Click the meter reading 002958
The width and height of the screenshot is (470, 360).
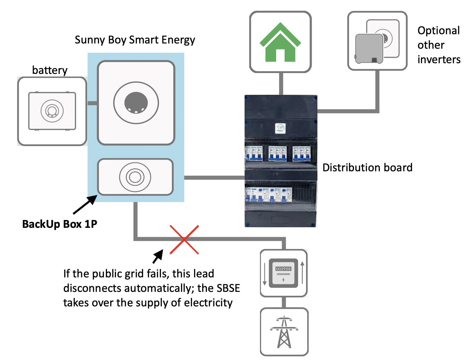(x=283, y=269)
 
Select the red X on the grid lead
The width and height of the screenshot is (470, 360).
(x=184, y=240)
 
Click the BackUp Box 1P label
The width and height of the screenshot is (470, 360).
(x=59, y=224)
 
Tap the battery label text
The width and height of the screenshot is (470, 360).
(x=50, y=70)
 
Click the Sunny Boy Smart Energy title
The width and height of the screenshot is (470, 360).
(x=135, y=40)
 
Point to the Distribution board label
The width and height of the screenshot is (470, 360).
(x=367, y=168)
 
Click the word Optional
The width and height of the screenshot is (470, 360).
(x=438, y=30)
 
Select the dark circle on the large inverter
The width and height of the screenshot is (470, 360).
(x=136, y=103)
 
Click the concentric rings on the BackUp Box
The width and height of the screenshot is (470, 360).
(x=135, y=177)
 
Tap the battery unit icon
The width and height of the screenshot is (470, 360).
(x=52, y=111)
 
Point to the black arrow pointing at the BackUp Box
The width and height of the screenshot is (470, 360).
(x=85, y=205)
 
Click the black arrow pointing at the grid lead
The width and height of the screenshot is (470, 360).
(x=158, y=256)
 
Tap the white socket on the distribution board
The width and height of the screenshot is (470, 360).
(x=280, y=128)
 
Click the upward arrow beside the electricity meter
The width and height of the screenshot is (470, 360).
(x=302, y=272)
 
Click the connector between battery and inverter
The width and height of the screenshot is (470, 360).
(x=92, y=103)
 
